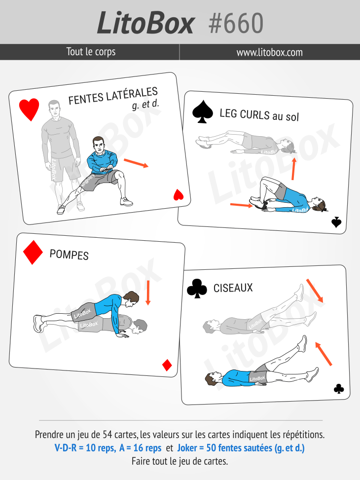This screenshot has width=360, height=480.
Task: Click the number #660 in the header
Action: click(x=236, y=23)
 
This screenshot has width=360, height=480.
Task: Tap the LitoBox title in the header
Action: click(x=145, y=23)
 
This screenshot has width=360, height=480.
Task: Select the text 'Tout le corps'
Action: click(x=91, y=52)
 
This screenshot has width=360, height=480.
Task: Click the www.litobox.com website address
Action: click(x=269, y=52)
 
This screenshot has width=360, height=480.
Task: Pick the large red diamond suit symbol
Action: click(x=33, y=253)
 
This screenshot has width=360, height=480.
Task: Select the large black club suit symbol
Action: click(x=197, y=289)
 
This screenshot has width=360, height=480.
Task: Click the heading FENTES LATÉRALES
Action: click(x=113, y=96)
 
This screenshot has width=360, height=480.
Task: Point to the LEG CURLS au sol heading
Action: click(x=259, y=115)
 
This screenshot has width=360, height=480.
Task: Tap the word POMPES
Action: click(x=69, y=255)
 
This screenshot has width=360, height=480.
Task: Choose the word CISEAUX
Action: click(x=233, y=288)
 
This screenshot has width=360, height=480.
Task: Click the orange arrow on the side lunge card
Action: click(x=136, y=163)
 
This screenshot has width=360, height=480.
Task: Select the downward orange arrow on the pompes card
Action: click(x=148, y=293)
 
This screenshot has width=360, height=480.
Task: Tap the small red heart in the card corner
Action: click(x=179, y=195)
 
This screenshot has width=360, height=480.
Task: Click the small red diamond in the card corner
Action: click(x=167, y=365)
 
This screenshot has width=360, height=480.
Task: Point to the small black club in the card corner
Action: click(x=339, y=389)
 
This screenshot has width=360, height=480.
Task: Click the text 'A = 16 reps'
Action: click(x=140, y=448)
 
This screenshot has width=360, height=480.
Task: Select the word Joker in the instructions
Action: click(x=187, y=448)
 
